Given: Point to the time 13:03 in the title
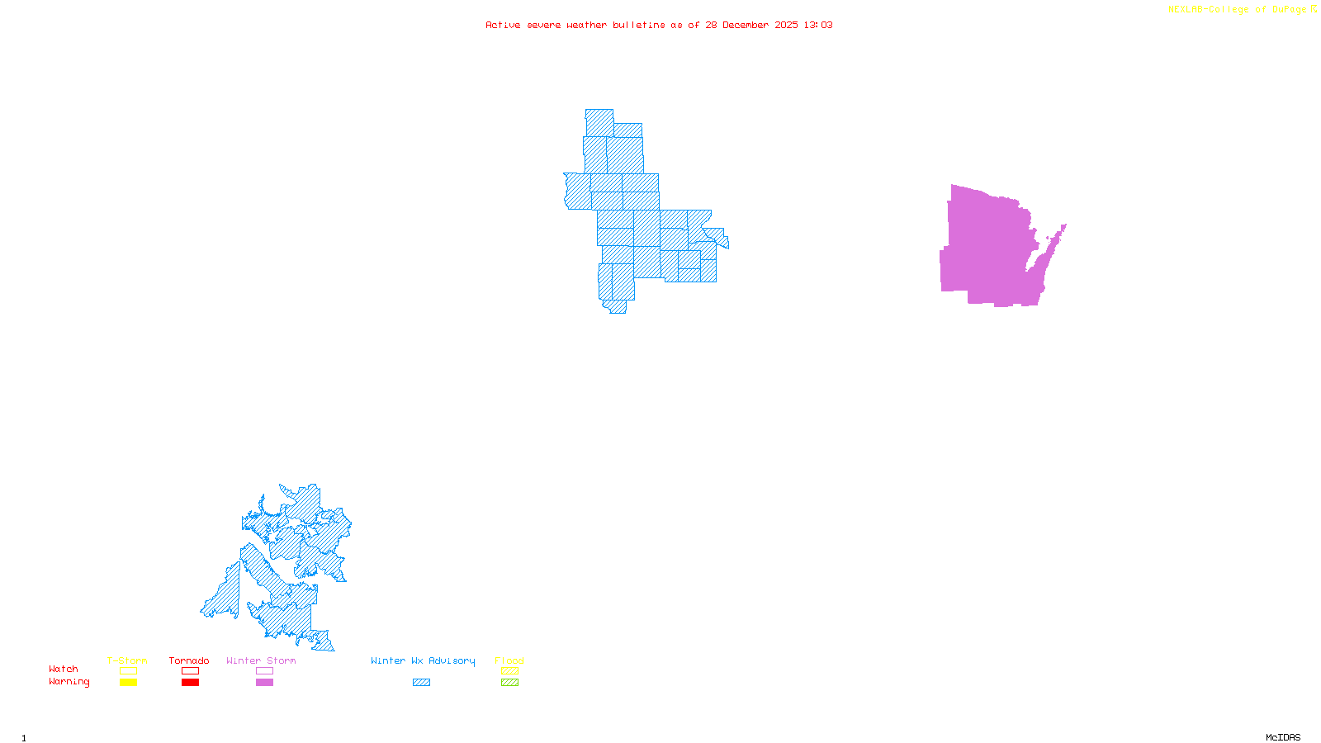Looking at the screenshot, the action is tap(818, 25).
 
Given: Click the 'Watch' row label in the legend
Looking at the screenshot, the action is tap(64, 669).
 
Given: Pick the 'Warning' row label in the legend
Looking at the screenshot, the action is tap(69, 682).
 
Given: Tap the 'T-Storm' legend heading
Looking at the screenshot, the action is tap(127, 660).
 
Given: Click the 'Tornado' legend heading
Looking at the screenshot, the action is tap(189, 660).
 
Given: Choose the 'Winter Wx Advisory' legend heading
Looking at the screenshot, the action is tap(423, 660).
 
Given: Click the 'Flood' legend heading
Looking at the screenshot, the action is tap(509, 660).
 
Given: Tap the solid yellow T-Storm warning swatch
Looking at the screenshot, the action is tap(128, 683).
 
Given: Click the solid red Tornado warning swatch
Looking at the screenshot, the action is tap(190, 683).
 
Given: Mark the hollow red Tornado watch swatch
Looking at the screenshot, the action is tap(190, 671).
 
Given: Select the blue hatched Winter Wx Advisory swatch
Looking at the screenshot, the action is tap(421, 683).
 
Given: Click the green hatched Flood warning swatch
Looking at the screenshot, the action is tap(509, 683).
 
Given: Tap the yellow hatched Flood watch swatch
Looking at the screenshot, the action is tap(509, 671).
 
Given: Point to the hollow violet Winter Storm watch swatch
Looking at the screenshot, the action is tap(264, 671).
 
